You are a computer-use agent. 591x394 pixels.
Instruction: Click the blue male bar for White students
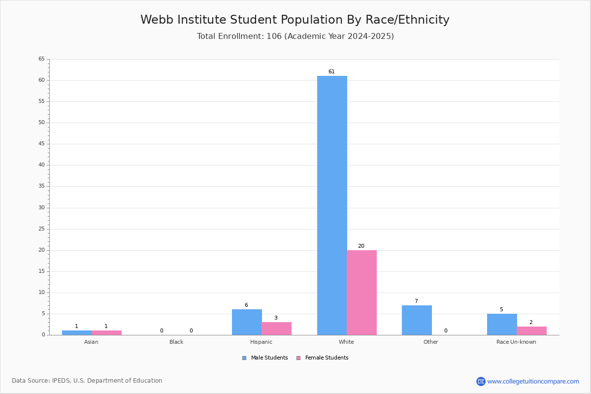(332, 205)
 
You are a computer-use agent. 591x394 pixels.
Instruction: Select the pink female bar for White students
(361, 293)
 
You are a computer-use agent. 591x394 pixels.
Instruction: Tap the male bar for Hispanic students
(247, 322)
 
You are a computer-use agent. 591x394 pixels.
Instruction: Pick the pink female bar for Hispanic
(276, 328)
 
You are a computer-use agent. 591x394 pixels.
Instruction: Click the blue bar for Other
(417, 320)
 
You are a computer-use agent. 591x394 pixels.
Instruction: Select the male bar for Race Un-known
(502, 325)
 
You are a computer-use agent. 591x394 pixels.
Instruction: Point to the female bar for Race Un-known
(531, 330)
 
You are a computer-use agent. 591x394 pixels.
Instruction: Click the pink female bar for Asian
(106, 333)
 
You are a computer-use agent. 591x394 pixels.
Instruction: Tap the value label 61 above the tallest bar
(331, 71)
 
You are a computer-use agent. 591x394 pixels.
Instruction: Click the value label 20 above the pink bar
(361, 246)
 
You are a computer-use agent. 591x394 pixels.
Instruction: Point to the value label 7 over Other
(416, 301)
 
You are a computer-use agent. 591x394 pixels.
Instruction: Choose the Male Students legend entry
(265, 358)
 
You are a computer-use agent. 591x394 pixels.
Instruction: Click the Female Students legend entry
(323, 358)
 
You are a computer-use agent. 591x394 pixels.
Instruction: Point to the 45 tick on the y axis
(42, 144)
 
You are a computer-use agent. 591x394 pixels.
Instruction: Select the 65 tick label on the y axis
(42, 59)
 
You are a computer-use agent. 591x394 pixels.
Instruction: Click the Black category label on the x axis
(176, 342)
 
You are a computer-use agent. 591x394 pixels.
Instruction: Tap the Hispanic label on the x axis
(261, 342)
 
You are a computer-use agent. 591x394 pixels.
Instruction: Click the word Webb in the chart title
(157, 20)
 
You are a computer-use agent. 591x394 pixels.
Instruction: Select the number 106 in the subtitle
(274, 36)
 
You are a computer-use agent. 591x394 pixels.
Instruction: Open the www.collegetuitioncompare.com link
(533, 382)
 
